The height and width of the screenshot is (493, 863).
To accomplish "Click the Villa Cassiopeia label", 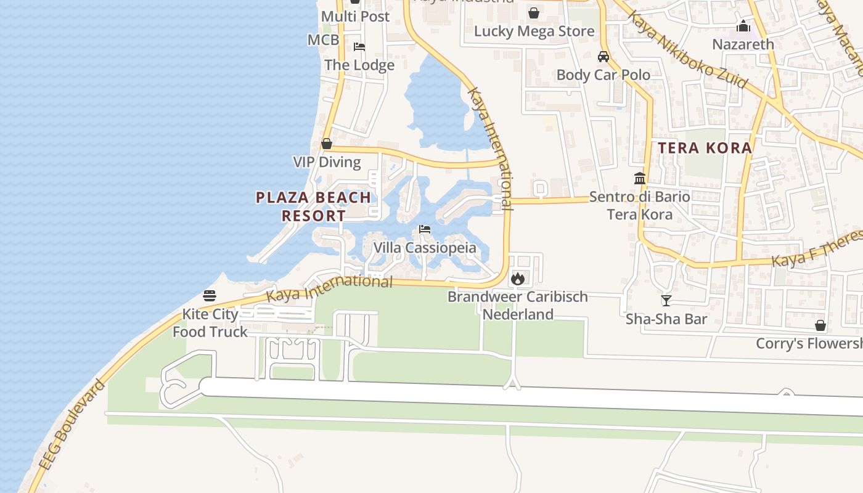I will (425, 248).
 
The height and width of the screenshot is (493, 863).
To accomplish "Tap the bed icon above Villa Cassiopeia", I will (424, 229).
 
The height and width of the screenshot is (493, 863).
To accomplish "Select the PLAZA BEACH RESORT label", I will (314, 206).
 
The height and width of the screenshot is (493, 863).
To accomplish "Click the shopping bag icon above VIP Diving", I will (327, 144).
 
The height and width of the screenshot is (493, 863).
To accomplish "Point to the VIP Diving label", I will (327, 162).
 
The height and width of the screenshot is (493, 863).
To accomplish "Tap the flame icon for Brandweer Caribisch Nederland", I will (518, 279).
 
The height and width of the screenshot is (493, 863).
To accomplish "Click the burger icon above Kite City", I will (210, 295).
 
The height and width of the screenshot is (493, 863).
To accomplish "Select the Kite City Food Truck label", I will (210, 323).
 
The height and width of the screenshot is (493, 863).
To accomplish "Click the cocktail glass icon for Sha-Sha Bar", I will (666, 300).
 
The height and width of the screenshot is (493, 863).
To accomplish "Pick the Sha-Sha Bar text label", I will (666, 319).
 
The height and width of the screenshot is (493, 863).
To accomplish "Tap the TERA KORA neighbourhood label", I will (705, 148).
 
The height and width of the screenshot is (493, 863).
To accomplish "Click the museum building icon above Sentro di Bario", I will (639, 179).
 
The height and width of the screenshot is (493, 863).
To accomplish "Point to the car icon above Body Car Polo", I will (603, 57).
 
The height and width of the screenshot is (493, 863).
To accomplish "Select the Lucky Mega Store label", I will (534, 31).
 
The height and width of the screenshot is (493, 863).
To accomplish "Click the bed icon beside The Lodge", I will (359, 47).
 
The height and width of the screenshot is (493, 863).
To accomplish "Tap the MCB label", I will (324, 40).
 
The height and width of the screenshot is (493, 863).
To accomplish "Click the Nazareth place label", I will (743, 44).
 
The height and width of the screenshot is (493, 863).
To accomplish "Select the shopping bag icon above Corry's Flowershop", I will (820, 325).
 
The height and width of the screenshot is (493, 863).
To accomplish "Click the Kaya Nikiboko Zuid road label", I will (687, 49).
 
